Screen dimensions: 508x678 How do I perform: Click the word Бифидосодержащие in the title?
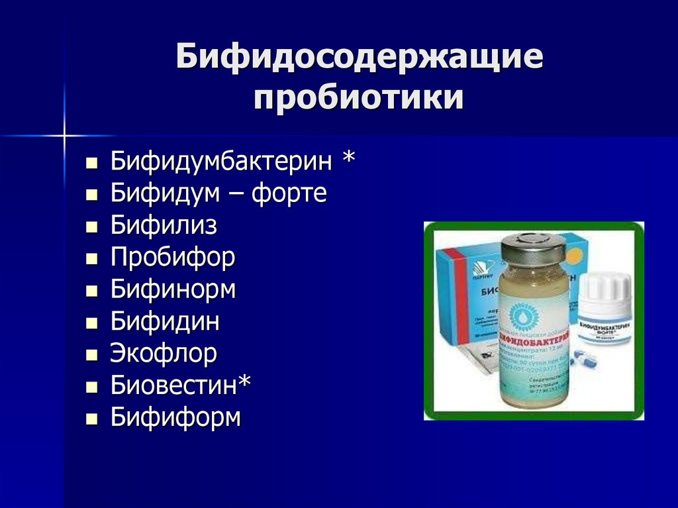pyautogui.click(x=359, y=58)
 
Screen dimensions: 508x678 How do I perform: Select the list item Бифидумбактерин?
pyautogui.click(x=222, y=160)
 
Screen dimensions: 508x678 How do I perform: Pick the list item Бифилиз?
pyautogui.click(x=164, y=225)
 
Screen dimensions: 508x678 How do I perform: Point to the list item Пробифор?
pyautogui.click(x=173, y=258)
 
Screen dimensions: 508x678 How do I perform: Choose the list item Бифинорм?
pyautogui.click(x=173, y=289)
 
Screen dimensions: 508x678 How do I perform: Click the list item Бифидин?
pyautogui.click(x=165, y=322)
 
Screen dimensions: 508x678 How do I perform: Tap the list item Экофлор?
pyautogui.click(x=164, y=354)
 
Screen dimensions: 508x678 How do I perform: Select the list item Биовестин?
pyautogui.click(x=175, y=385)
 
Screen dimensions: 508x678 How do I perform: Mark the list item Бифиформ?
pyautogui.click(x=175, y=417)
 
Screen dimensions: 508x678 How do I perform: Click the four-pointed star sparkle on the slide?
pyautogui.click(x=64, y=136)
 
